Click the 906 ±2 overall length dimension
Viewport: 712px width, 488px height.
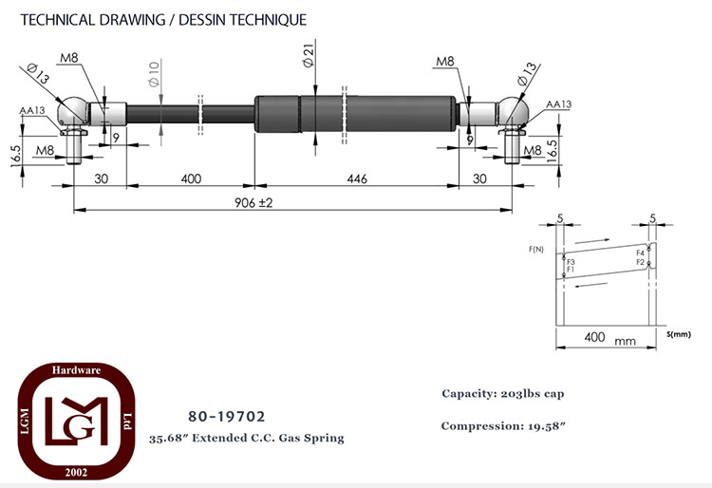253,202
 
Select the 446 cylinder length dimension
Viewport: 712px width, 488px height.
357,178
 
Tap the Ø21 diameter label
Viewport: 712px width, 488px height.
309,56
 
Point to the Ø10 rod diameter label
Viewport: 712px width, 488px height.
154,74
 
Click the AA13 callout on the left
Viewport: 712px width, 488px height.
32,110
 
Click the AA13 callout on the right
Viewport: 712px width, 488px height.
558,103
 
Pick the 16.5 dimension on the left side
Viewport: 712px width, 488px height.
15,156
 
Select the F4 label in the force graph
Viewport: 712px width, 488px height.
640,253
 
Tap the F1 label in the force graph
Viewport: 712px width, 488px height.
571,270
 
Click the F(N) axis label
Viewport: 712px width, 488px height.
536,249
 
